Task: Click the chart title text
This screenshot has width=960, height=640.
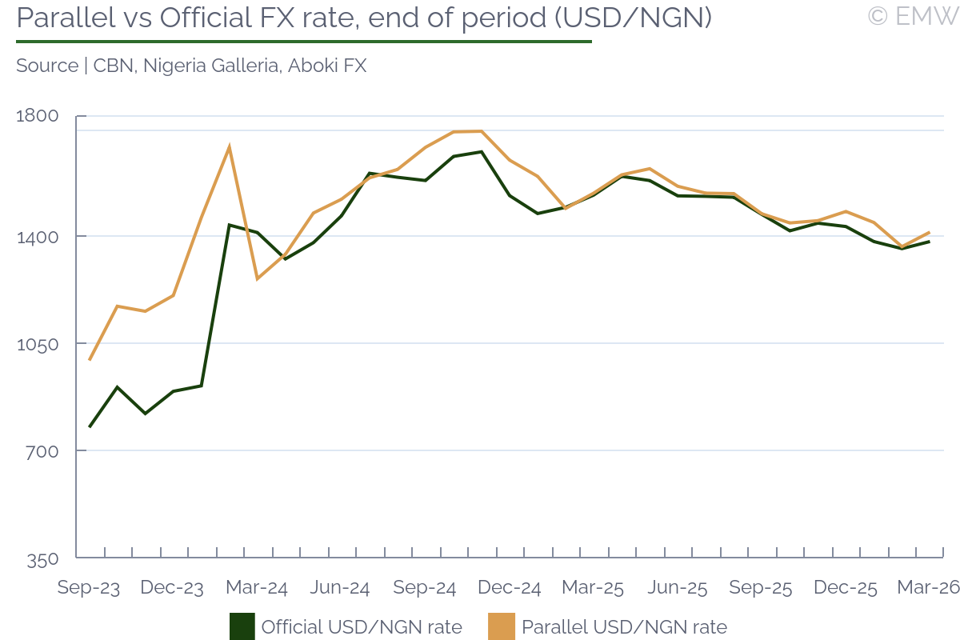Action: point(364,18)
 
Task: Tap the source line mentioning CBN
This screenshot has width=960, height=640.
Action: point(191,66)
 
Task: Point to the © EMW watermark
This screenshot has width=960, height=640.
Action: point(913,15)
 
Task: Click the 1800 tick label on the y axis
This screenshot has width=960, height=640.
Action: point(38,116)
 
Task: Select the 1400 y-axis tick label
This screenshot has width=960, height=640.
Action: point(38,236)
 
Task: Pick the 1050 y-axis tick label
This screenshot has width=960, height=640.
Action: point(38,344)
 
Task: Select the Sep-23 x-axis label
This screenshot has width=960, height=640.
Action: point(88,588)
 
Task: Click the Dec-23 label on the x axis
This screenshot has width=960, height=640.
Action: point(172,588)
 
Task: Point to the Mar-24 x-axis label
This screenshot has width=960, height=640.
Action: point(256,588)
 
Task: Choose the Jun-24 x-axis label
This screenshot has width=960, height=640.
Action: point(340,588)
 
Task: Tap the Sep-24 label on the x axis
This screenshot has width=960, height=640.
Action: point(425,588)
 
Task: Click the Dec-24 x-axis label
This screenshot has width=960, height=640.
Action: point(509,588)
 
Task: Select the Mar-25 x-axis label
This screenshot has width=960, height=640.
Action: point(593,588)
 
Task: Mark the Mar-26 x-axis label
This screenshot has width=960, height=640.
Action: point(929,588)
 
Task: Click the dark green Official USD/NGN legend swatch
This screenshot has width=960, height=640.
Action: point(242,626)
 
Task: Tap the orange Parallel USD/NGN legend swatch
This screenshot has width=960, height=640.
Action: point(501,626)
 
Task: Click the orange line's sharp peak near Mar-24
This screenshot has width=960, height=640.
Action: point(230,146)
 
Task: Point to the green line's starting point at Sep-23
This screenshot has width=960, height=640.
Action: point(90,426)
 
